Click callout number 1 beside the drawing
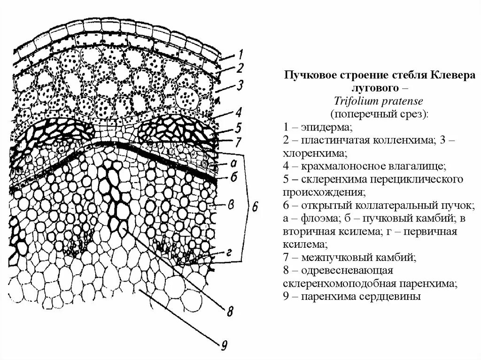[240, 54]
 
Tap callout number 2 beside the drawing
[240, 69]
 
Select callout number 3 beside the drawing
[240, 86]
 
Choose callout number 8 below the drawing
[230, 311]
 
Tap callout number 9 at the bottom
[224, 346]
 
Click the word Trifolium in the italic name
[355, 101]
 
